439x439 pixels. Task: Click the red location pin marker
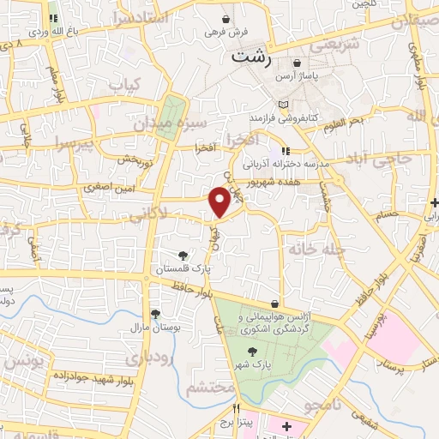[x=219, y=201]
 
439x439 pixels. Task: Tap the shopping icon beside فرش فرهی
[x=226, y=18]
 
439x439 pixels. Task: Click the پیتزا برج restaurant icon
[x=237, y=407]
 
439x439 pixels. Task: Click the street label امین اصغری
[x=109, y=186]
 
